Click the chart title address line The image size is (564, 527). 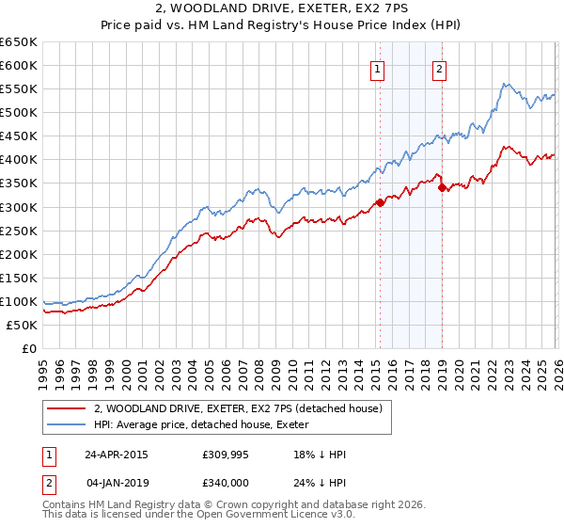coord(281,9)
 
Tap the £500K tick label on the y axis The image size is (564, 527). coord(19,113)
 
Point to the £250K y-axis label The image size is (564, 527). coord(19,231)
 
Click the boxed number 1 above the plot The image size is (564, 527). coord(377,68)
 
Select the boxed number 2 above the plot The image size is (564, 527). coord(439,68)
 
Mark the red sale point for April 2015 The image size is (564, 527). coord(380,202)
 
